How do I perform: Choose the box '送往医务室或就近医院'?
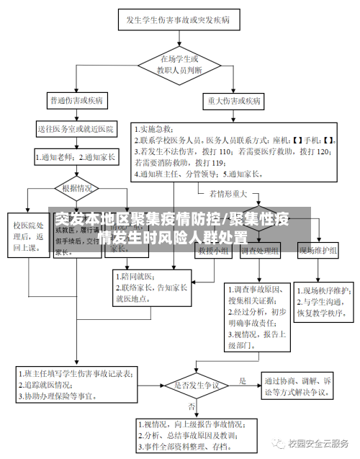point(76,130)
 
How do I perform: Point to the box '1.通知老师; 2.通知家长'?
point(76,155)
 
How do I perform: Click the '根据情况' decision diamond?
point(77,189)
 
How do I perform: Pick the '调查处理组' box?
point(260,251)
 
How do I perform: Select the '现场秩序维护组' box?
point(318,251)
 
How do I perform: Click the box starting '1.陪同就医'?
point(151,287)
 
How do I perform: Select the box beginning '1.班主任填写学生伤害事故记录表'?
point(76,386)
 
